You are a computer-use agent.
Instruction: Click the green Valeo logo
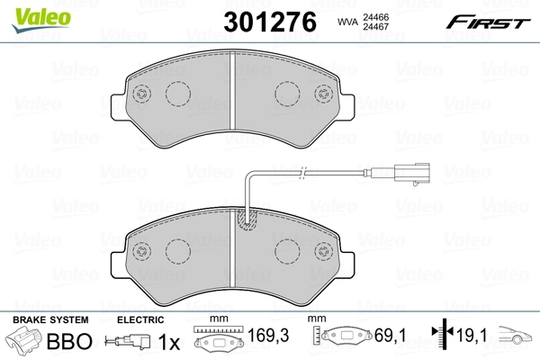(41, 20)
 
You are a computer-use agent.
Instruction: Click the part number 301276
(270, 22)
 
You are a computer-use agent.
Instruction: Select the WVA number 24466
(375, 17)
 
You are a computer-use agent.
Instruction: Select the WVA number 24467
(375, 26)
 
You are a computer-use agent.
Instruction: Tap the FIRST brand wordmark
(489, 22)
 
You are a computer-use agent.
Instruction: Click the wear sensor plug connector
(412, 173)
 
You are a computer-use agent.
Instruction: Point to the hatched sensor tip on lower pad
(247, 220)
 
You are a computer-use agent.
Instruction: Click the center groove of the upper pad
(232, 91)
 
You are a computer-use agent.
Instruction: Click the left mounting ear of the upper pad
(118, 107)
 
